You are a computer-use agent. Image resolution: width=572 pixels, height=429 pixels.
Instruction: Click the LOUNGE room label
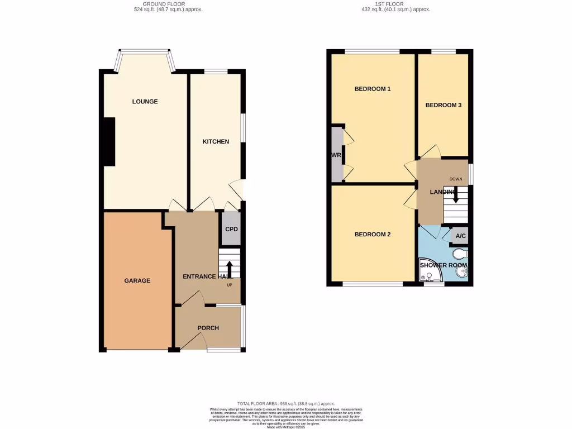pos(145,102)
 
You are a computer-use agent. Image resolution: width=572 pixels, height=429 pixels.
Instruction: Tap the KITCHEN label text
pos(216,142)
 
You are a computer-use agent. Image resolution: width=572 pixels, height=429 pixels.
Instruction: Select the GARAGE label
pos(137,280)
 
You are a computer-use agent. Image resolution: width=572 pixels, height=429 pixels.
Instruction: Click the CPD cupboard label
pos(231,230)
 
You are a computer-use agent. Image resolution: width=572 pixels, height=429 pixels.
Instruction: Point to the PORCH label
pos(208,328)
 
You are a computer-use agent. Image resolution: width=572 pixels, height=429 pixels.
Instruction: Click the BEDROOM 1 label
pos(372,89)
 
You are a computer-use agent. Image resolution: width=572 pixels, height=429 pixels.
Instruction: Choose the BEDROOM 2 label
pos(372,235)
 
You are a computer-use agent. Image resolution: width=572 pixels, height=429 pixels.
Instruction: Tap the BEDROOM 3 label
pos(443,105)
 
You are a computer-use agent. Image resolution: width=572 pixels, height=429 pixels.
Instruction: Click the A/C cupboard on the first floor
pos(460,236)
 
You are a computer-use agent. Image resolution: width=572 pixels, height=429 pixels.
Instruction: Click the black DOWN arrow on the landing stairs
pos(455,195)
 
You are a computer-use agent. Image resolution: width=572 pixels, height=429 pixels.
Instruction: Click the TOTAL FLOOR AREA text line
pos(285,403)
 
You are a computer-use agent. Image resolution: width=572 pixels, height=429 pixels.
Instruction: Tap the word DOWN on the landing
pos(456,179)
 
